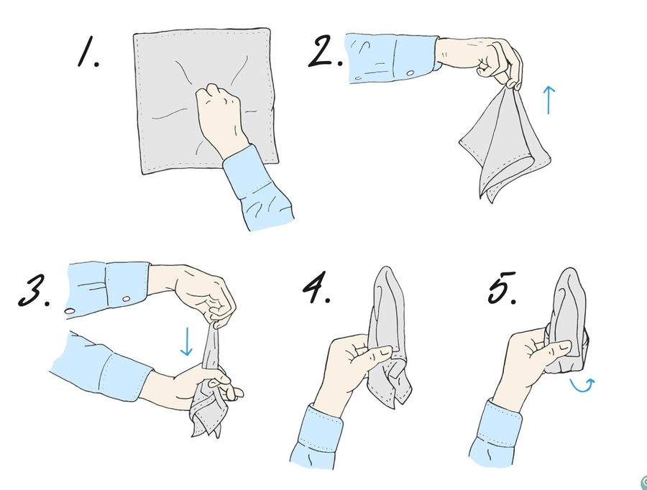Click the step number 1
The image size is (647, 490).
pyautogui.click(x=88, y=51)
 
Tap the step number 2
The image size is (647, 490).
pyautogui.click(x=325, y=51)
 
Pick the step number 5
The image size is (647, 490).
pyautogui.click(x=502, y=287)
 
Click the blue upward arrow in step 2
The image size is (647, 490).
pyautogui.click(x=549, y=100)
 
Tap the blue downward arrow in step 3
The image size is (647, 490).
pyautogui.click(x=186, y=341)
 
